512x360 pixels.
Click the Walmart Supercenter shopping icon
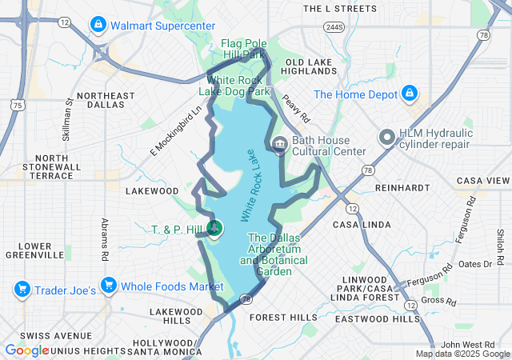[98, 25]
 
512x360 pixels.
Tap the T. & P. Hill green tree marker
[214, 229]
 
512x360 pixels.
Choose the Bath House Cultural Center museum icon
[279, 145]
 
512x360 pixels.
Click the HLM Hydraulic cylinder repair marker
[386, 138]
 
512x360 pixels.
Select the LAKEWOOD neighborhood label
[152, 191]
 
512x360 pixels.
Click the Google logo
[27, 350]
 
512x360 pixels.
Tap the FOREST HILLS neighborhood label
[283, 318]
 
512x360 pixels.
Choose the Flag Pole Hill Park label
[242, 49]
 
